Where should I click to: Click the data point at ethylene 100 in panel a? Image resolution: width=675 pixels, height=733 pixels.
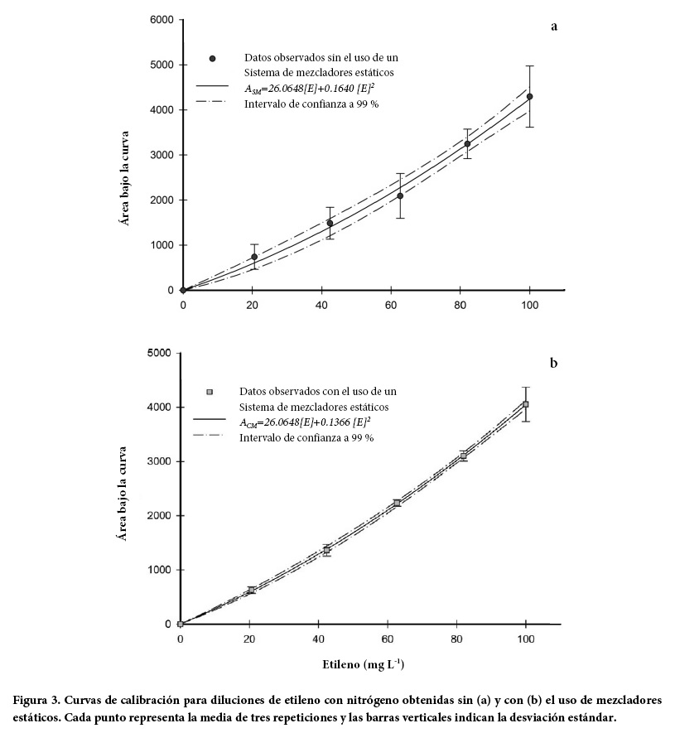click(529, 97)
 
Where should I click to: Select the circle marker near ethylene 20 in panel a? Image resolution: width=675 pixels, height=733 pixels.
click(254, 257)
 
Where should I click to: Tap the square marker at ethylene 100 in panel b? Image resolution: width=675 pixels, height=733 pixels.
click(525, 404)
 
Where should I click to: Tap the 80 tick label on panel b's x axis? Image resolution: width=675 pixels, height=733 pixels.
click(456, 639)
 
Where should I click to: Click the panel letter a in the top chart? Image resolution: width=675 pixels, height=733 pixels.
click(554, 27)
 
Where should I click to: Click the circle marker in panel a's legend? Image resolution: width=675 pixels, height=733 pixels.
click(212, 58)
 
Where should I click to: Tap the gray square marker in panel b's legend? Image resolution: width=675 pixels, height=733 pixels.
click(210, 391)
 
